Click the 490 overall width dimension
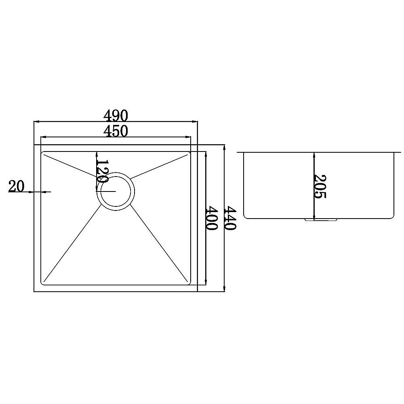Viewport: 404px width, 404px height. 116,116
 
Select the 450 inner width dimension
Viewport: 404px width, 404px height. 116,131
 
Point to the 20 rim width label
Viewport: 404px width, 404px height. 16,186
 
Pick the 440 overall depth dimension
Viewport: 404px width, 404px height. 230,218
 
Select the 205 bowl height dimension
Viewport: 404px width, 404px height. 319,186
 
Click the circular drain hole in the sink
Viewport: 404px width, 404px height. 115,191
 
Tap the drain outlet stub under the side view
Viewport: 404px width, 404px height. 321,220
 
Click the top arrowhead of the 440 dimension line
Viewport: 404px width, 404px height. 224,147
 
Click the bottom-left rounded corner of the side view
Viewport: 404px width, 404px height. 246,216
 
